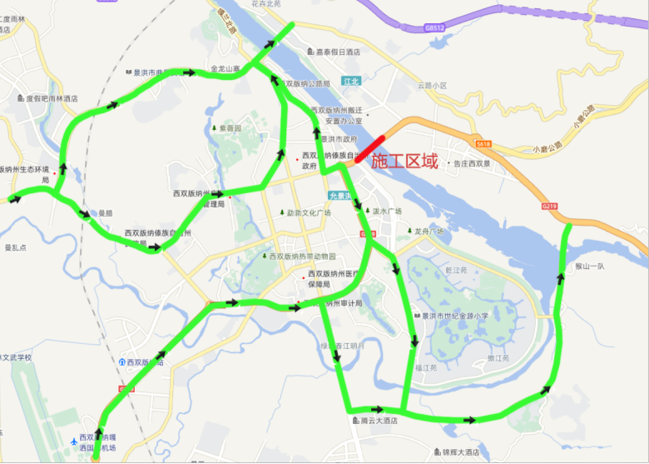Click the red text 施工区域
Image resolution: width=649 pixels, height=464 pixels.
[x=404, y=162]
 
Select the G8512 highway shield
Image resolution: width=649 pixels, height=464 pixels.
[x=434, y=27]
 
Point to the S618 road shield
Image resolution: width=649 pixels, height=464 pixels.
[x=484, y=145]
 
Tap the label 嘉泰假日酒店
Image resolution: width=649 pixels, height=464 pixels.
[x=333, y=52]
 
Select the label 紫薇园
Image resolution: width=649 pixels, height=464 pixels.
[x=226, y=128]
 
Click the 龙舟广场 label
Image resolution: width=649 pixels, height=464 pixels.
[x=428, y=231]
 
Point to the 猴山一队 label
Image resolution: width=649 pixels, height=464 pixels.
[x=590, y=267]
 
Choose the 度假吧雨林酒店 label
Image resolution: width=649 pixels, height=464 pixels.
[x=52, y=98]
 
